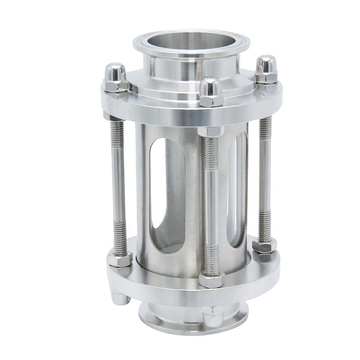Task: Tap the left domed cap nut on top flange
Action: (x=115, y=76)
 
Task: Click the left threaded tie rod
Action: (x=118, y=184)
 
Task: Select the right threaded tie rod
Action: (x=265, y=180)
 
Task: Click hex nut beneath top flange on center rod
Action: (x=210, y=131)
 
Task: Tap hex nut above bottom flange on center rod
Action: (x=211, y=279)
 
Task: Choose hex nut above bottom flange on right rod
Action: (x=264, y=245)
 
